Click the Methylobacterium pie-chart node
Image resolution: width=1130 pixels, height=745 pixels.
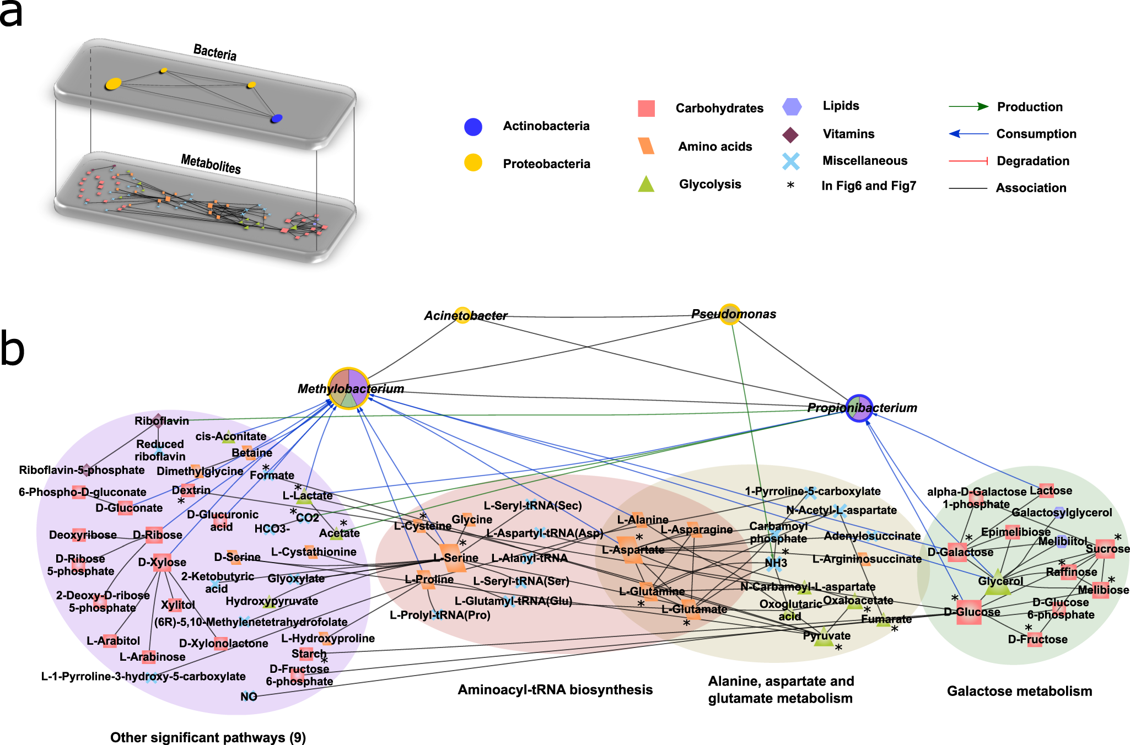pyautogui.click(x=348, y=388)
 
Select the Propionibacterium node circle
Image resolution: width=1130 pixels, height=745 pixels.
pyautogui.click(x=859, y=408)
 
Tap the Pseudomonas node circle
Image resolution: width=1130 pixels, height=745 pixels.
pyautogui.click(x=730, y=314)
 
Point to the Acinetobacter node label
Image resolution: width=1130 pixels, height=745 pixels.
pyautogui.click(x=465, y=316)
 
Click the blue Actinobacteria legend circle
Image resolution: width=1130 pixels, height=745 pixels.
pyautogui.click(x=473, y=127)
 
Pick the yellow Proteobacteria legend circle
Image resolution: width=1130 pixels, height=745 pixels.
pyautogui.click(x=473, y=163)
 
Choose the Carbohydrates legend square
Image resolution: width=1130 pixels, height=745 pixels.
pyautogui.click(x=646, y=109)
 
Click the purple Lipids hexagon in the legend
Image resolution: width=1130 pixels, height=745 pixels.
pyautogui.click(x=792, y=106)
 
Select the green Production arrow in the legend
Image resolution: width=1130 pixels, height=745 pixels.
pyautogui.click(x=968, y=107)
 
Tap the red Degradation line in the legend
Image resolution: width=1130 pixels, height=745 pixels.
pyautogui.click(x=968, y=161)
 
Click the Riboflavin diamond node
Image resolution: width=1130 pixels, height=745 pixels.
pyautogui.click(x=158, y=421)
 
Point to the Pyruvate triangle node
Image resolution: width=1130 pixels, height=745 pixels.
pyautogui.click(x=824, y=637)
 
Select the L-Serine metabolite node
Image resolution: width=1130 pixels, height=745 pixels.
pyautogui.click(x=453, y=558)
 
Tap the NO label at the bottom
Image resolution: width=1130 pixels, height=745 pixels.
pyautogui.click(x=249, y=697)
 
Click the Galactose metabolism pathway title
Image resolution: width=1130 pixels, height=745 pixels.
pyautogui.click(x=1019, y=691)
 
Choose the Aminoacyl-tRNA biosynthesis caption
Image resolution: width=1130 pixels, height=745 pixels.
pyautogui.click(x=555, y=690)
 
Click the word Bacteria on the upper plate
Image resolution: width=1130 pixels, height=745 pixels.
pyautogui.click(x=215, y=52)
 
